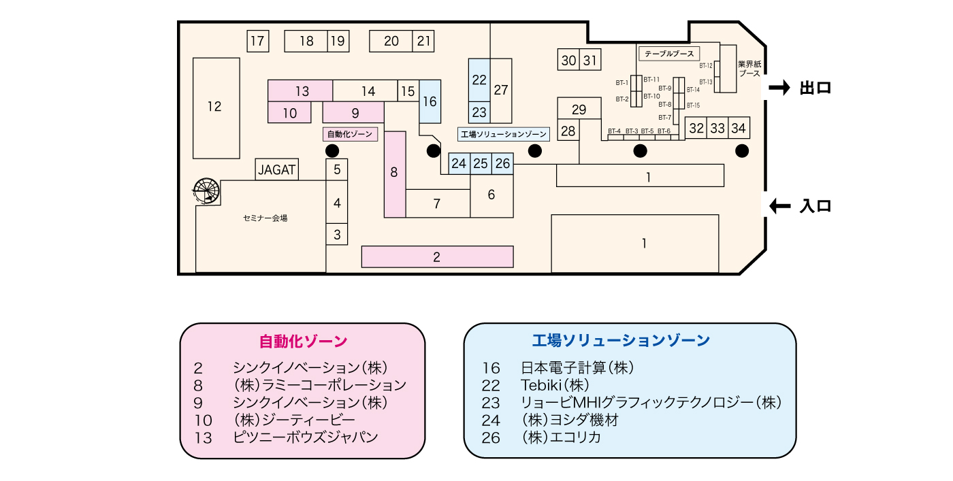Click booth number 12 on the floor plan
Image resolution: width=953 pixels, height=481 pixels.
click(x=215, y=107)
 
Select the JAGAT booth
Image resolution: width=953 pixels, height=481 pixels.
click(x=278, y=169)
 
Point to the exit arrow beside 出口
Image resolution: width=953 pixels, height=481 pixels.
click(x=779, y=88)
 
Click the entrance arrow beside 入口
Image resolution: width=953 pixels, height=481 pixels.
click(x=779, y=205)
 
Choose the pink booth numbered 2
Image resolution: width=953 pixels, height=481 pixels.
click(x=436, y=256)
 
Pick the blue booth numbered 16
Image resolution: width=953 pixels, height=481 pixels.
click(x=430, y=101)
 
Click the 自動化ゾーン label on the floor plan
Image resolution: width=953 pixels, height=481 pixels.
click(x=350, y=134)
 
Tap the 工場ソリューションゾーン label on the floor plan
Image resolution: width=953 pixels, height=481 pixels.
click(x=504, y=134)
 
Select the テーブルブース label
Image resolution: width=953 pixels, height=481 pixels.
click(x=668, y=53)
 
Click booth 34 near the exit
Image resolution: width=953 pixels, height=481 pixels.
click(x=739, y=127)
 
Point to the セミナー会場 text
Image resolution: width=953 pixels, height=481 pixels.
click(x=265, y=218)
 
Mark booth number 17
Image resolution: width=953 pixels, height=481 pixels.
click(x=257, y=41)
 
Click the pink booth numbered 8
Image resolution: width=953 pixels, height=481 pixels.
click(x=394, y=173)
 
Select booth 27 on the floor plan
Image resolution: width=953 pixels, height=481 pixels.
click(x=501, y=90)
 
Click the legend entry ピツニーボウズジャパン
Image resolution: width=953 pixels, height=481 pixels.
click(x=305, y=437)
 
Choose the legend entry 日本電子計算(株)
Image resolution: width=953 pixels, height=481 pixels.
click(x=577, y=367)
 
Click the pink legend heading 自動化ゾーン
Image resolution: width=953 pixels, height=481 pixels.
click(x=303, y=340)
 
